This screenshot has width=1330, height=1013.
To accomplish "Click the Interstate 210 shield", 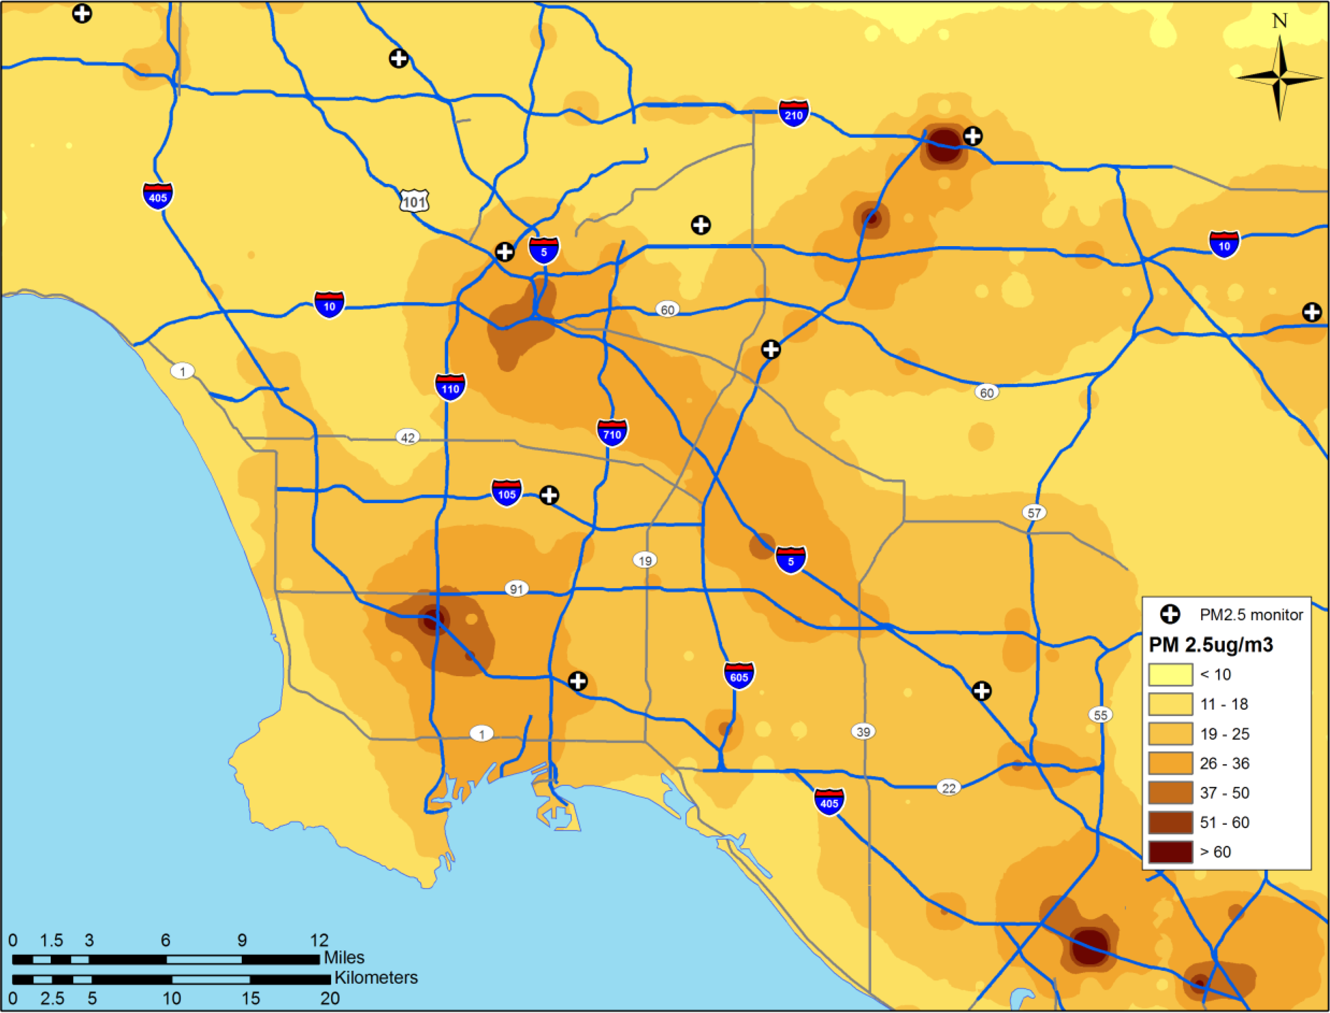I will click(793, 113).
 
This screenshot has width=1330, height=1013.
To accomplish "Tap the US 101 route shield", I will click(414, 201).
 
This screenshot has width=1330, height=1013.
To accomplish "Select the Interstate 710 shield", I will click(612, 432).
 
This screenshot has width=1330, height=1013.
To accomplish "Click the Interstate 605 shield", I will click(739, 675).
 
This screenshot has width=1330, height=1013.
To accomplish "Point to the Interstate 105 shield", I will click(506, 493).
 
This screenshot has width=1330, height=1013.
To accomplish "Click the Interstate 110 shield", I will click(450, 387).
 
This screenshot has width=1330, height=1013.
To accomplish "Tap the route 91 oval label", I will click(516, 589).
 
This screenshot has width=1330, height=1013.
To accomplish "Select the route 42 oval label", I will click(408, 437).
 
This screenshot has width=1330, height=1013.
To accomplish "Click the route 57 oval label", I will click(1034, 513).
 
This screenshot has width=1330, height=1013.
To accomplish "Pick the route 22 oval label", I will click(949, 788).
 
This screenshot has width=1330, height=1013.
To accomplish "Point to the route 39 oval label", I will click(863, 732).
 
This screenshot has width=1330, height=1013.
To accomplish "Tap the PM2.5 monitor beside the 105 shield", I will click(549, 495).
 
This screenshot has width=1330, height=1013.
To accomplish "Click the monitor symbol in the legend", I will click(1170, 614).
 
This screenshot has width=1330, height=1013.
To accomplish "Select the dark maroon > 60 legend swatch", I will click(1170, 852).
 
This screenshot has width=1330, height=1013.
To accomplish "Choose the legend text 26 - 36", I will click(1224, 763).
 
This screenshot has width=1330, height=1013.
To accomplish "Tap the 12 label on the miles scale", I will click(319, 940).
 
